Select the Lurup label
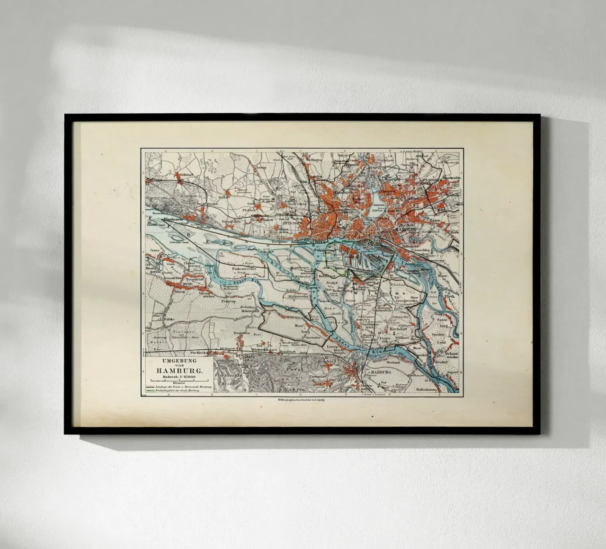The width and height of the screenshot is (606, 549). [261, 167]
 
